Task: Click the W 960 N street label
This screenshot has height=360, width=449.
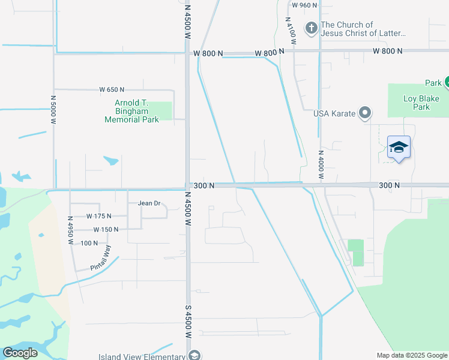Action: pos(304,5)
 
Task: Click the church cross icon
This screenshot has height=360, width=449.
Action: pos(312,28)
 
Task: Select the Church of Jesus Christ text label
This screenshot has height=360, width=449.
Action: pos(363,29)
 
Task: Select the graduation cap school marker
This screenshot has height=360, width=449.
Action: pos(399,148)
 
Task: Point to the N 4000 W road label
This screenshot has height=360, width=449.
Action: pos(321,165)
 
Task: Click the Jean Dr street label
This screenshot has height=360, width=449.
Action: pos(149,203)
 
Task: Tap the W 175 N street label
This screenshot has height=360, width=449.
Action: pos(99,216)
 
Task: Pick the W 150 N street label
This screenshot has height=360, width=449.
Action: pos(106,230)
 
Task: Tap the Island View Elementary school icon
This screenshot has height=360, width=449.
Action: pos(194,356)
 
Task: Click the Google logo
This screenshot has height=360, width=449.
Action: pos(20,352)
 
